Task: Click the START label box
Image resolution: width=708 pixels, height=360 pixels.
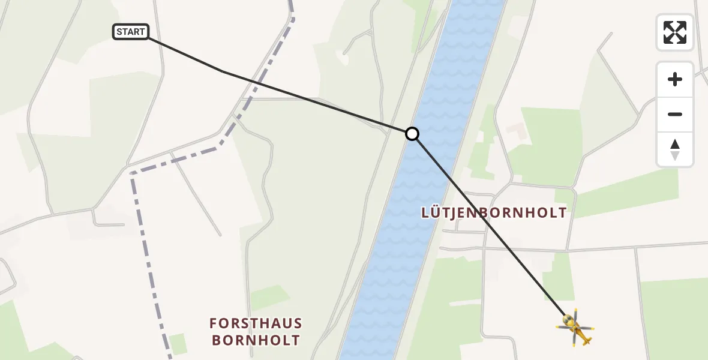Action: coord(131,32)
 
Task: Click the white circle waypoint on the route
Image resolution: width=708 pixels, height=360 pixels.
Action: coord(412,134)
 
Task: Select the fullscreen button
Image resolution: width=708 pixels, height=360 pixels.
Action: coord(675,32)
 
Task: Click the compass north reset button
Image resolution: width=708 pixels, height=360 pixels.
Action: coord(675,149)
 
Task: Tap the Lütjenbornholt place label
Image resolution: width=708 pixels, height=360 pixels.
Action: coord(494,212)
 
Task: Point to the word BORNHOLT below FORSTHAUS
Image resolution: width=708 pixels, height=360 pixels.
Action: coord(256,341)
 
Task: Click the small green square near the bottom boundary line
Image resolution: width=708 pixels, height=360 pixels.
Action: coord(178,344)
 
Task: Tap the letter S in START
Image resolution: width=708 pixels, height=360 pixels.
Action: coord(120,32)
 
